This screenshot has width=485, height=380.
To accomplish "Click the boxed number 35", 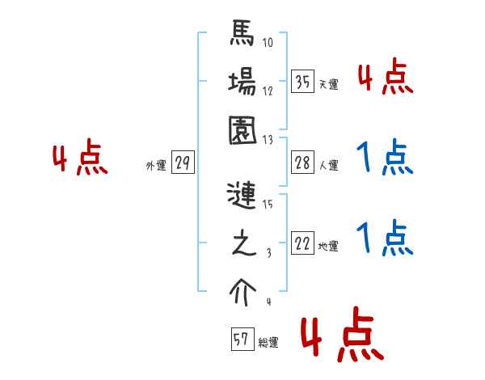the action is tap(302, 82).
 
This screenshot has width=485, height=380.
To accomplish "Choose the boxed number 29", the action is tap(183, 164).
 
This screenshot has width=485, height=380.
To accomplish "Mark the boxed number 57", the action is tap(241, 340).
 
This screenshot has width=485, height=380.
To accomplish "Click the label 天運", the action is tap(327, 84).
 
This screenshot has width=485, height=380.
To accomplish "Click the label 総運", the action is tap(268, 342).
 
